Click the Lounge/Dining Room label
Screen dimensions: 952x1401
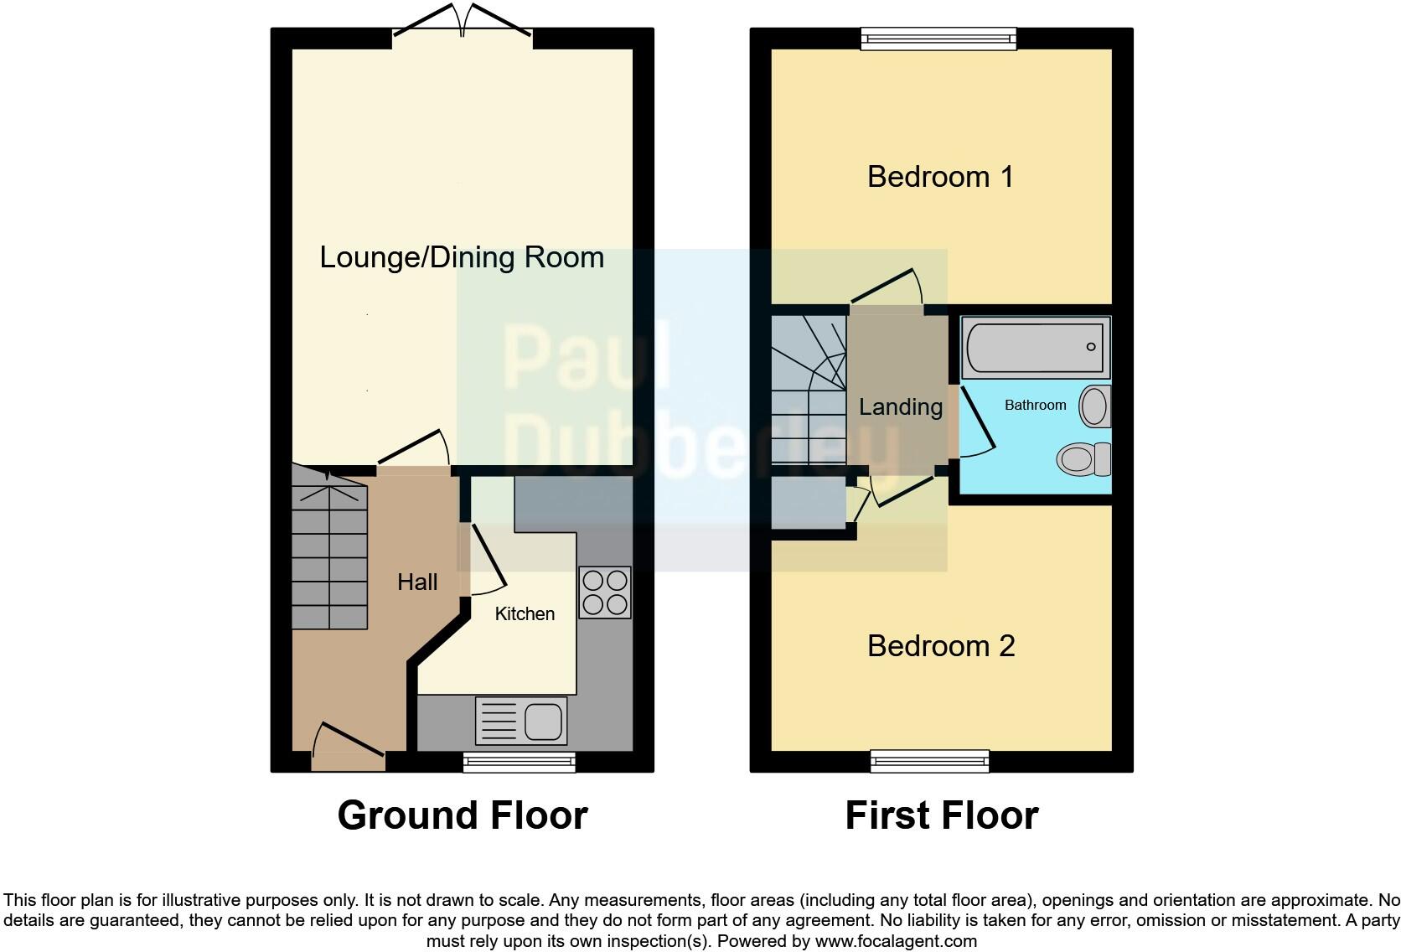(x=462, y=257)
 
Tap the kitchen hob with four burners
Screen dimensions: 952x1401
(x=605, y=592)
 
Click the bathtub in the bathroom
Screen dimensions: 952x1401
(x=1036, y=346)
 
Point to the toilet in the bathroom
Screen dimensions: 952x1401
(x=1083, y=459)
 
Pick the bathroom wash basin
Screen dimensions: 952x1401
(x=1094, y=406)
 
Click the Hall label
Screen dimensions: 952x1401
(x=417, y=582)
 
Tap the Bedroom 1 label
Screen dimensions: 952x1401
(x=940, y=177)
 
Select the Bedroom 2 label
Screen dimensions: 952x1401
(x=941, y=646)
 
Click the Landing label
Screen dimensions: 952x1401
(x=901, y=407)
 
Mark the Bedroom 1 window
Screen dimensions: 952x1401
(x=939, y=38)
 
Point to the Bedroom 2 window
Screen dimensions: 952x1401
(x=929, y=761)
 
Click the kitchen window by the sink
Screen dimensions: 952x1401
(x=520, y=761)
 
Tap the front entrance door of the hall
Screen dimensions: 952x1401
(x=348, y=750)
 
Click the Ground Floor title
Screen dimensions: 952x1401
(x=462, y=815)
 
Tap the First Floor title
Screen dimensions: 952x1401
(x=941, y=815)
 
